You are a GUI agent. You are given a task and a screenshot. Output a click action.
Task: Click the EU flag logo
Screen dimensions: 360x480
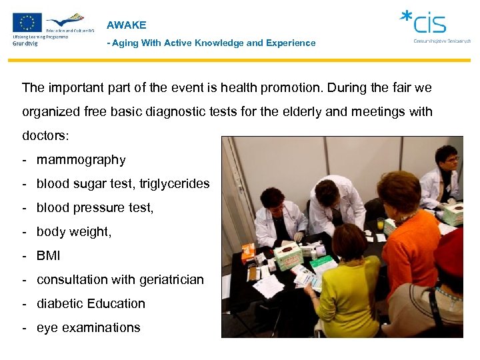point(27,23)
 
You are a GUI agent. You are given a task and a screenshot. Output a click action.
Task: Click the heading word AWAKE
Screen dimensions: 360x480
point(126,25)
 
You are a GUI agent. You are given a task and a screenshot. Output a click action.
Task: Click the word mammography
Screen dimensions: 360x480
point(81,160)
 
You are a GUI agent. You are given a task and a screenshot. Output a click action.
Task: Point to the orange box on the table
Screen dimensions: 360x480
point(248,251)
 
